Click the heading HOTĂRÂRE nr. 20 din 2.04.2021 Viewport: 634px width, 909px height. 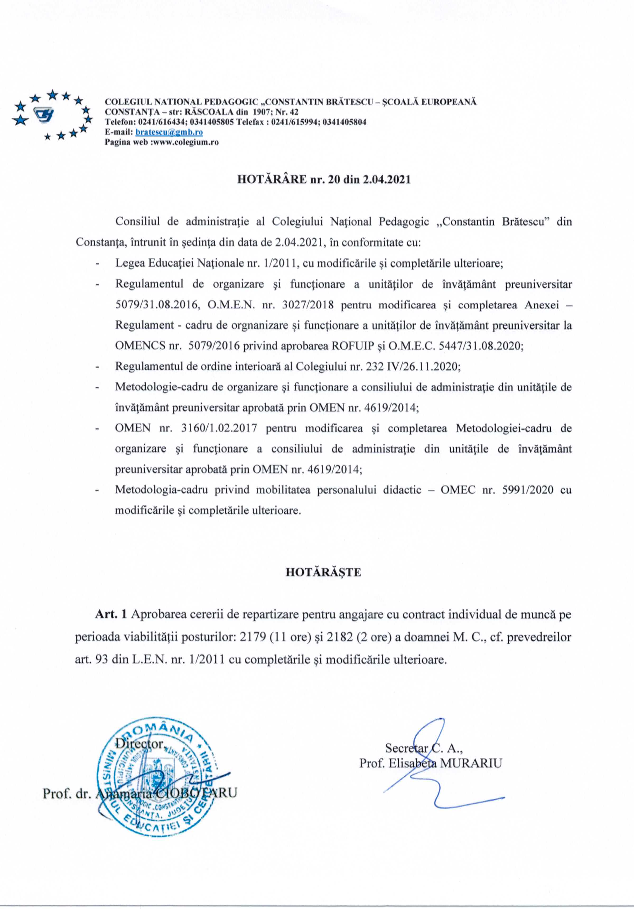(324, 179)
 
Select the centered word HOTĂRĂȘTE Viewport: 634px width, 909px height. (324, 573)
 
